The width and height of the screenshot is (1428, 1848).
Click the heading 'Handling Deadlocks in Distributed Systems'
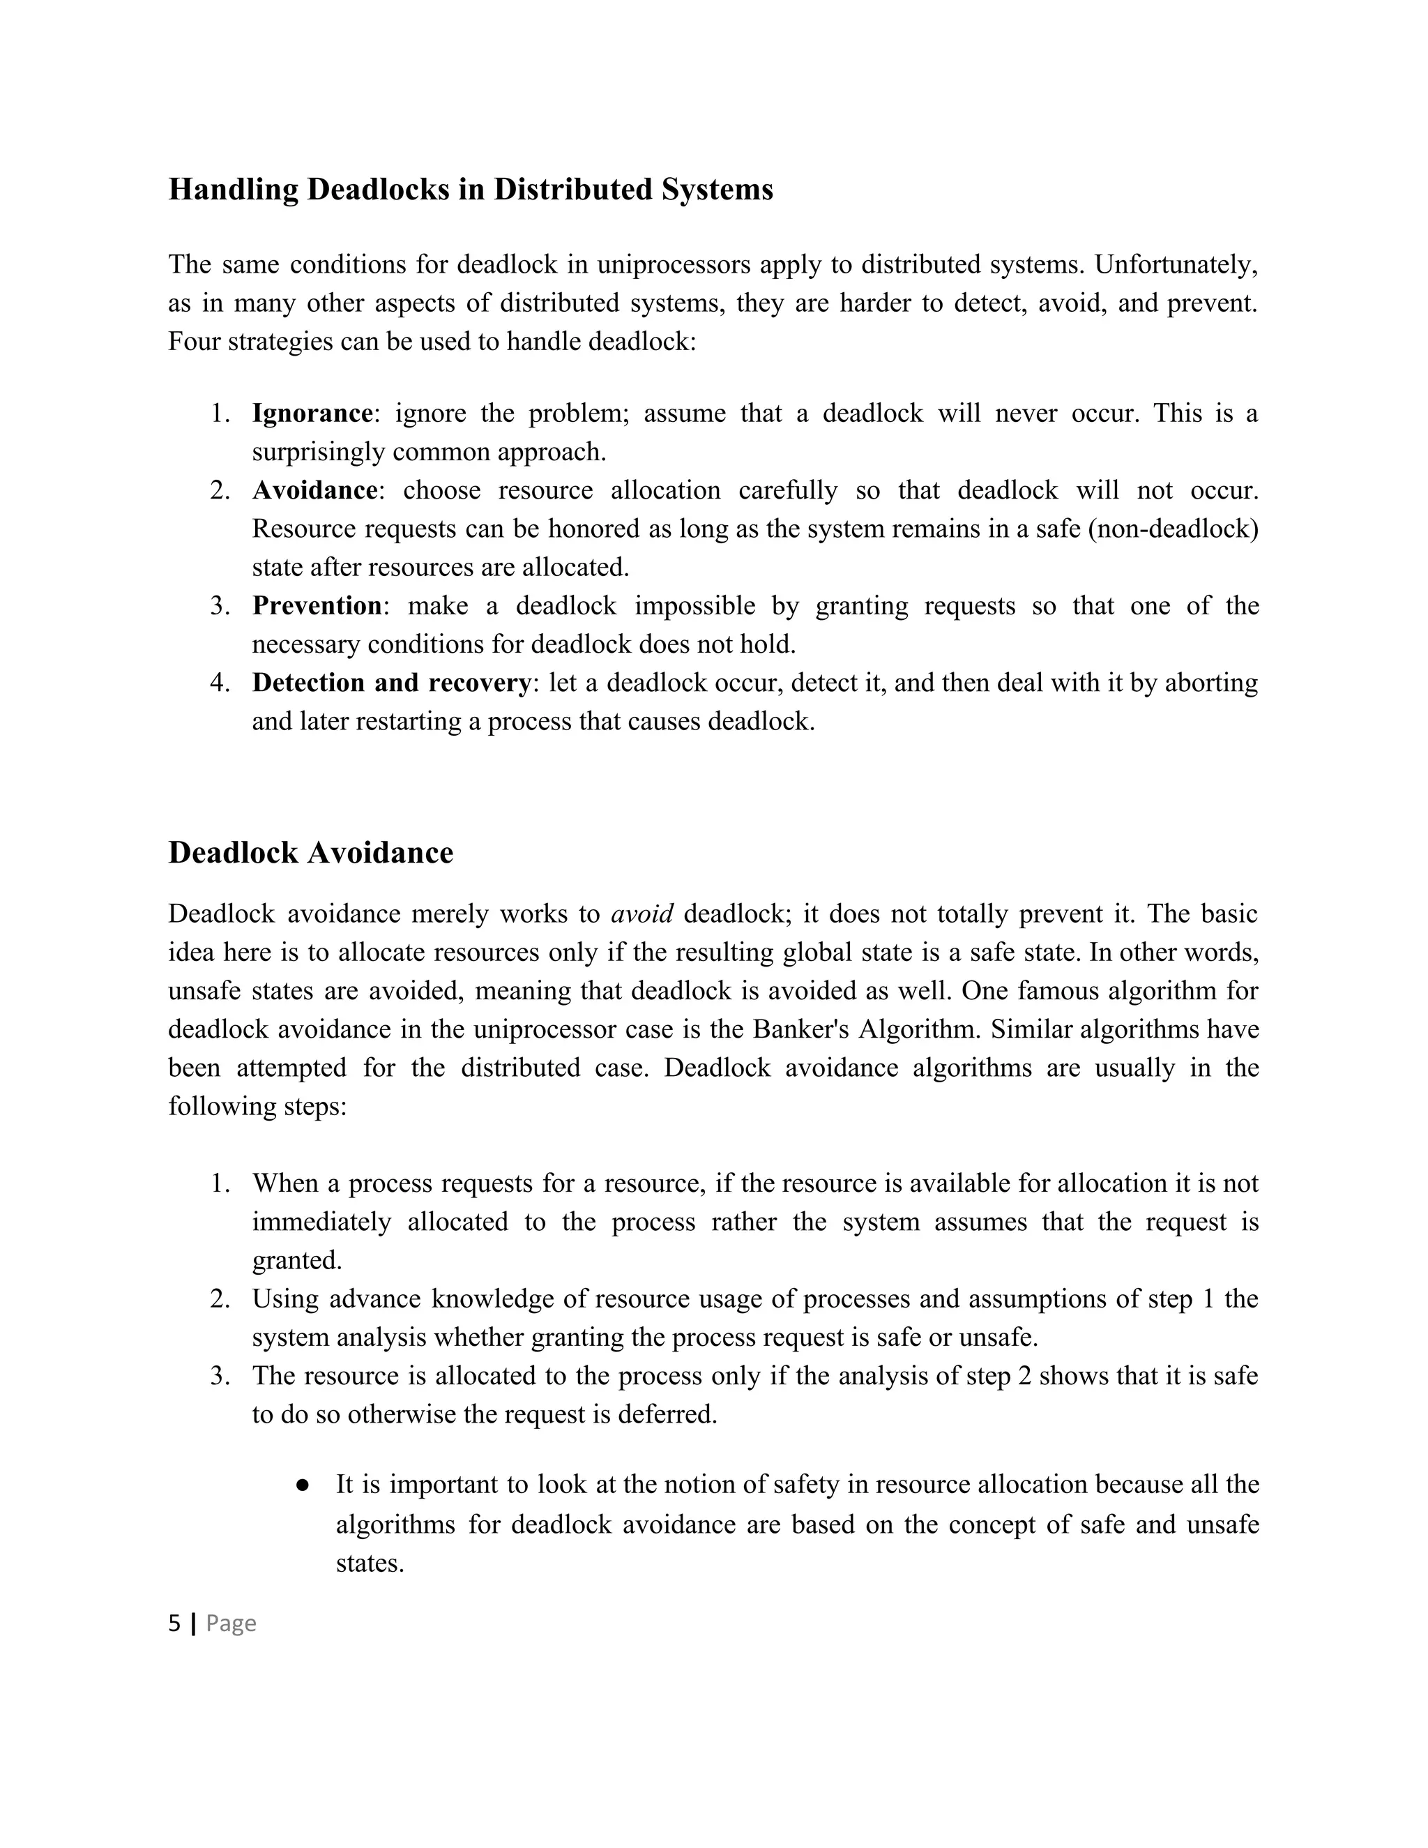(x=471, y=190)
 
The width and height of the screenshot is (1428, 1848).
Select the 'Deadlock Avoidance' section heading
(x=310, y=853)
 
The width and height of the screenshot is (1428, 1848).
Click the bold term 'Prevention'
(x=317, y=606)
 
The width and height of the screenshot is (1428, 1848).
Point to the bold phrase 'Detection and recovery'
(x=392, y=683)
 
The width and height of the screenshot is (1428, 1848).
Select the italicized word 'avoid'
(x=642, y=914)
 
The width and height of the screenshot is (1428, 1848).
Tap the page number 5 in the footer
(x=174, y=1623)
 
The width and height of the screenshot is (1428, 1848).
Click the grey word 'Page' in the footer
(x=231, y=1623)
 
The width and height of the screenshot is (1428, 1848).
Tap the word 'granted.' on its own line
(x=297, y=1261)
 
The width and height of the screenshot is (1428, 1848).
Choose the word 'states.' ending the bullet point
(x=370, y=1563)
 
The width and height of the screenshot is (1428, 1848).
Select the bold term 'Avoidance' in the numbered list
(x=314, y=491)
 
